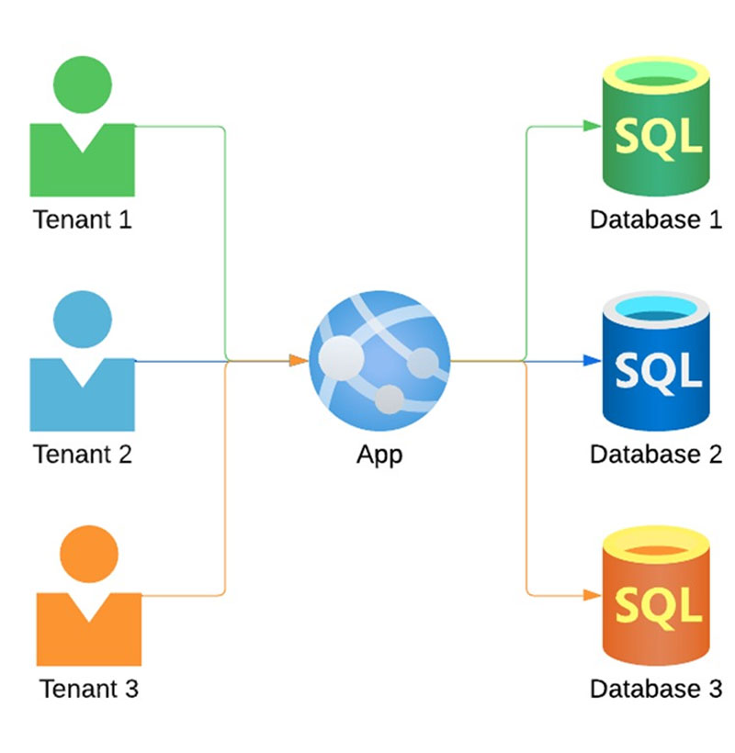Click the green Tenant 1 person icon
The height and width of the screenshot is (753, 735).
click(x=83, y=138)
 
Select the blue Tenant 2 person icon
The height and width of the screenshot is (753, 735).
click(x=83, y=372)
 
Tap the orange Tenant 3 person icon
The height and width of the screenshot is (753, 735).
click(x=89, y=606)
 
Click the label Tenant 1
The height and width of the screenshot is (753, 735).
click(x=83, y=220)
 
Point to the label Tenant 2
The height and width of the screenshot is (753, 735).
click(x=83, y=455)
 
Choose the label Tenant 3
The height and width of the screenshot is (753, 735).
click(x=89, y=689)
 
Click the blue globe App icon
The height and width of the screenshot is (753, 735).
click(x=379, y=360)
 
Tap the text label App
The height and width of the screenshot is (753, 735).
click(x=379, y=455)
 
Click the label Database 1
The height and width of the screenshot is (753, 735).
click(x=656, y=220)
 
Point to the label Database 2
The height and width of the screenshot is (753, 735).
click(x=656, y=455)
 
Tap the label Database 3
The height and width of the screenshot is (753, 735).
click(x=656, y=689)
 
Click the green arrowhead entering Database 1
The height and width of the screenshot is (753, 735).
click(x=592, y=126)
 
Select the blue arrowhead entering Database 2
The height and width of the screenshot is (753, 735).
click(x=592, y=360)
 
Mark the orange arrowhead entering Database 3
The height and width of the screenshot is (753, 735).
click(x=592, y=595)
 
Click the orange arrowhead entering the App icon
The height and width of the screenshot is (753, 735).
click(x=298, y=360)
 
